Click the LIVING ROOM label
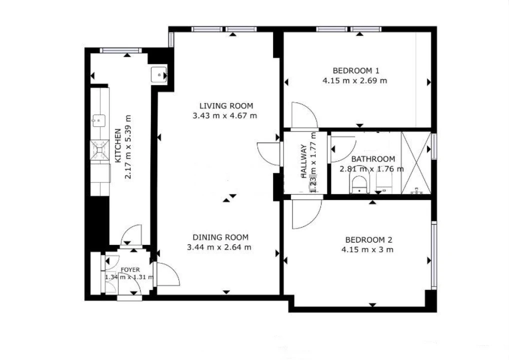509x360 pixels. (226, 106)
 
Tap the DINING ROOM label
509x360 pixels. (220, 237)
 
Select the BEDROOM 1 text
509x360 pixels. (356, 70)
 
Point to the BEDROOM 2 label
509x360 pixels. (369, 240)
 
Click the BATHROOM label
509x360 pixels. (373, 159)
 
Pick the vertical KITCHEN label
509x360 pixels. (118, 146)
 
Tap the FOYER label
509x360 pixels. (130, 270)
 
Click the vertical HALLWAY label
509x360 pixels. (304, 161)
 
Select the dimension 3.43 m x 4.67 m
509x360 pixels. (225, 115)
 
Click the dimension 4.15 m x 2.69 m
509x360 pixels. (355, 80)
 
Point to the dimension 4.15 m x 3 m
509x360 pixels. (367, 249)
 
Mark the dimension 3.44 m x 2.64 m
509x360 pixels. (219, 247)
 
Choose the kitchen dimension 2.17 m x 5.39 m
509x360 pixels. (128, 146)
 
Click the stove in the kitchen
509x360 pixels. (99, 149)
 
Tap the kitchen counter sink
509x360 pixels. (98, 120)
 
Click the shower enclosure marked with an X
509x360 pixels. (416, 163)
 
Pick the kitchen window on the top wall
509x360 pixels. (121, 50)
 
